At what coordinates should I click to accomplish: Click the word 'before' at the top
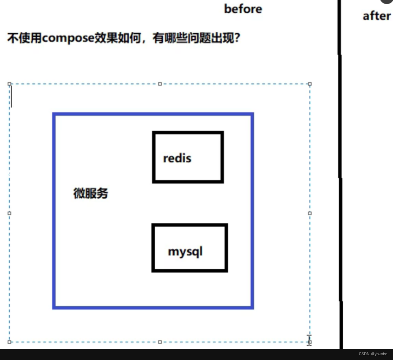[243, 9]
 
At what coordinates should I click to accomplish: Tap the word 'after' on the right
[376, 16]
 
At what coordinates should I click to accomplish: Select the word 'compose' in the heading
[68, 38]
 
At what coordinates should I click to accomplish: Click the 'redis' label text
[177, 158]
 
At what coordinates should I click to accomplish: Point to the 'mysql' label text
[185, 252]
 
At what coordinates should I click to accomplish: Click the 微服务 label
[91, 194]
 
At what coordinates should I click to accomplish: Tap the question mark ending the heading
[236, 38]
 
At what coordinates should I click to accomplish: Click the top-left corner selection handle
[9, 84]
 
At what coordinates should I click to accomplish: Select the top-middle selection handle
[160, 84]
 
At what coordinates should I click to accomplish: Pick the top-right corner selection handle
[310, 84]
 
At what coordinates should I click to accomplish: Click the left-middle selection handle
[9, 213]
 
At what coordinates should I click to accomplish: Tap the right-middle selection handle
[310, 213]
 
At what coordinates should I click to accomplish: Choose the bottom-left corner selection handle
[9, 342]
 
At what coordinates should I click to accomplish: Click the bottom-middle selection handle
[160, 342]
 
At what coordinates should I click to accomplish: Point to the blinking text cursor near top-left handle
[12, 96]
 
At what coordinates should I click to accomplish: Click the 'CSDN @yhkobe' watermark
[373, 354]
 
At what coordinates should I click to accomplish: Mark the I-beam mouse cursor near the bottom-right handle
[309, 339]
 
